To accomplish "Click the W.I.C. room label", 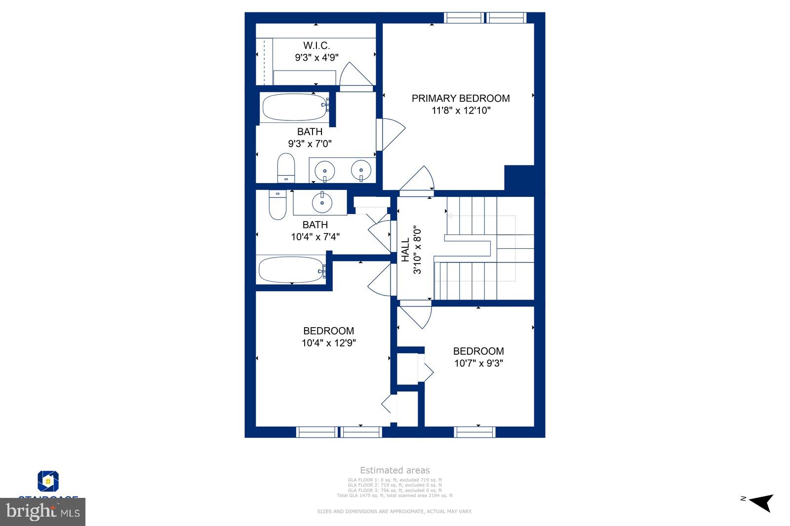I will pyautogui.click(x=316, y=45).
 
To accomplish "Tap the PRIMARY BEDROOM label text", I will pyautogui.click(x=461, y=98).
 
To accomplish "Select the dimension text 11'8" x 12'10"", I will pyautogui.click(x=461, y=111).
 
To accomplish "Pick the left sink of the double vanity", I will pyautogui.click(x=325, y=170).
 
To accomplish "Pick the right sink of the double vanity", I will pyautogui.click(x=361, y=170).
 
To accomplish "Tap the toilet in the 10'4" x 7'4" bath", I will pyautogui.click(x=277, y=205).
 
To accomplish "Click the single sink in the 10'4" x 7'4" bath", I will pyautogui.click(x=322, y=202).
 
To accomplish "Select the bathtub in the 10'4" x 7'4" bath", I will pyautogui.click(x=291, y=269).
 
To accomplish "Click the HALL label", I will pyautogui.click(x=405, y=250).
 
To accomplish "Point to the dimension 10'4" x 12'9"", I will pyautogui.click(x=328, y=343).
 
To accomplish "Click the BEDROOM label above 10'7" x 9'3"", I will pyautogui.click(x=478, y=351).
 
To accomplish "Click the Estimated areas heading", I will pyautogui.click(x=395, y=470).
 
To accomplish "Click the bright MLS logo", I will pyautogui.click(x=43, y=512).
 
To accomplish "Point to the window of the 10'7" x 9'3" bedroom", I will pyautogui.click(x=474, y=432).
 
